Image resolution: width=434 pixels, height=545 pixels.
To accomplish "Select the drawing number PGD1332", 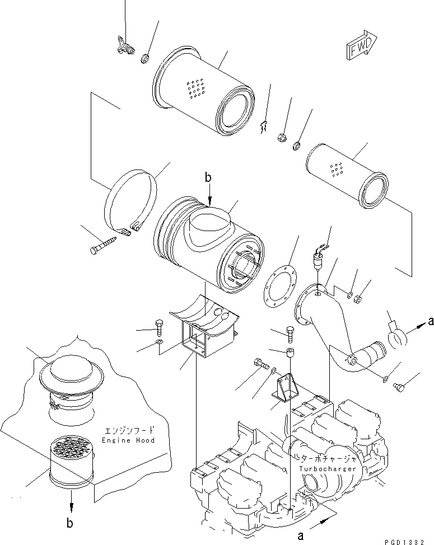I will pyautogui.click(x=408, y=541).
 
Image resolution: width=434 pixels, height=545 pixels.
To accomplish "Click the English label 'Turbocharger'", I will pyautogui.click(x=328, y=468).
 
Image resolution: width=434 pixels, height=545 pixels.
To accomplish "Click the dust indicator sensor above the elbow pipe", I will pyautogui.click(x=320, y=261).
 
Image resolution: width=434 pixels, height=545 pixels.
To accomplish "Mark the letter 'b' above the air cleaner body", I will pyautogui.click(x=208, y=178).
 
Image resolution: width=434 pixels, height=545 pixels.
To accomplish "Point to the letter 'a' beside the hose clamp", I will pyautogui.click(x=430, y=321).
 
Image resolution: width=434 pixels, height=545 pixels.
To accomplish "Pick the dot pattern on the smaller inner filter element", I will pyautogui.click(x=337, y=168).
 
